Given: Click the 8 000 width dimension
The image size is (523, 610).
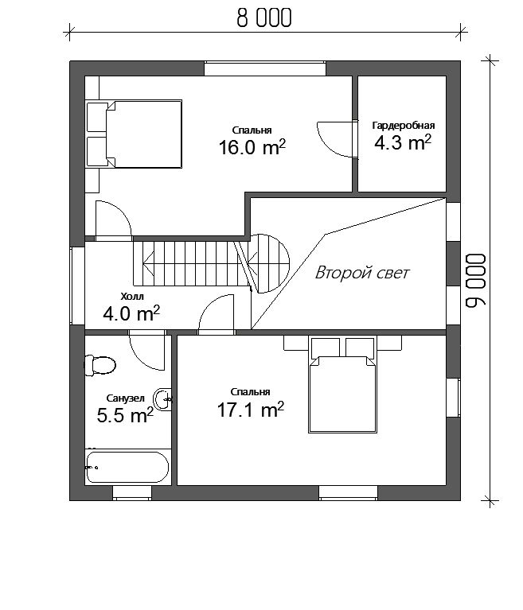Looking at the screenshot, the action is (264, 18).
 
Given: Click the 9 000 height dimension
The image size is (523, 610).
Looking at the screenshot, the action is (476, 281).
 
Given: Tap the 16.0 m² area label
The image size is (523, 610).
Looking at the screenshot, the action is (252, 147).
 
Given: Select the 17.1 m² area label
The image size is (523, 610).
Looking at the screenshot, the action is (251, 410).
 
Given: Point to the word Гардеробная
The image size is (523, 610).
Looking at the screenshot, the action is (404, 126).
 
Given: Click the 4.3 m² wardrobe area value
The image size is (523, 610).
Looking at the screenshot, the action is (403, 143).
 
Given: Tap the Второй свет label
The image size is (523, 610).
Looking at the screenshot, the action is (361, 273).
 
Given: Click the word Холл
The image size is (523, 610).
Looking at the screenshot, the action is (132, 297).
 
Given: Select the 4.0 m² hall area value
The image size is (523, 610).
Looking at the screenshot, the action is (131, 313).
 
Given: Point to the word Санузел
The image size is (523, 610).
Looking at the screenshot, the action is (126, 398).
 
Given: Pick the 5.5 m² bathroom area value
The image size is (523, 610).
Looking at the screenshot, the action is (125, 415).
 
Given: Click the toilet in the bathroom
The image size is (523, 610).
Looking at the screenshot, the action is (100, 365).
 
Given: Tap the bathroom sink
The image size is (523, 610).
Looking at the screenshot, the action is (162, 399).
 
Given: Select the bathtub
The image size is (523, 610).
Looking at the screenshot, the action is (127, 467).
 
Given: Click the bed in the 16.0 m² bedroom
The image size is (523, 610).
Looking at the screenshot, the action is (135, 134).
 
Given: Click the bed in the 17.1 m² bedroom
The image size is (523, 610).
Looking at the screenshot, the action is (342, 385).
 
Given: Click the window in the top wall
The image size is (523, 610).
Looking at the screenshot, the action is (265, 68).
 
